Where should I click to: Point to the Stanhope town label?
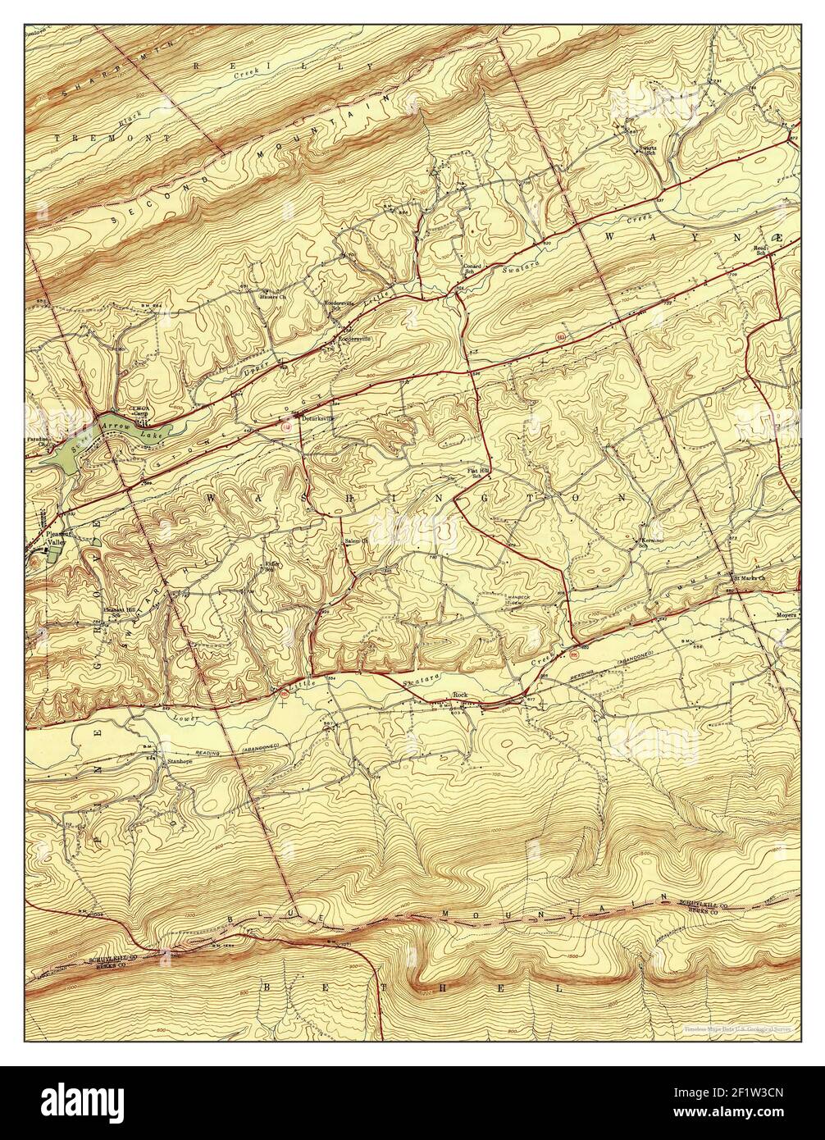(180, 761)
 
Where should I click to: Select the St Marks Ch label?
(749, 578)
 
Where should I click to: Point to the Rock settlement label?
(460, 695)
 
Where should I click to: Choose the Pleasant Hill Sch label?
(116, 611)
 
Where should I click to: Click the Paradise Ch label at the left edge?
(37, 440)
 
